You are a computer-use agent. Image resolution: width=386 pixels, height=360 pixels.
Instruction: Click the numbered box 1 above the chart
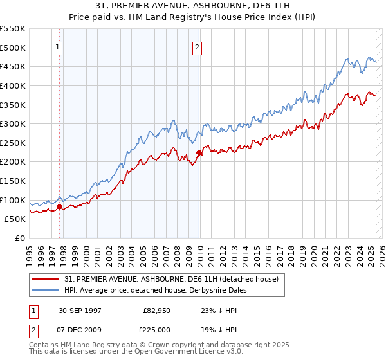pos(58,46)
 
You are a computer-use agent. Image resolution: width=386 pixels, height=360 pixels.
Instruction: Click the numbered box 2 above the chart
pos(196,46)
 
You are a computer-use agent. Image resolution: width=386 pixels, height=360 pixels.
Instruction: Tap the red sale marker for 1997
pos(60,206)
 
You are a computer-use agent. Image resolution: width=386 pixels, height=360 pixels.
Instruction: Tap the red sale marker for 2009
pos(199,152)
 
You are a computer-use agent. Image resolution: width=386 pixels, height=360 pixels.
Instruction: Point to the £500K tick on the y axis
pos(14,48)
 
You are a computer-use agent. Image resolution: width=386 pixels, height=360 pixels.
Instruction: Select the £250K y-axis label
pos(14,143)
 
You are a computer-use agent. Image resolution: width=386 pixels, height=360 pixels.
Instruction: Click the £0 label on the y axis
pos(20,238)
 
